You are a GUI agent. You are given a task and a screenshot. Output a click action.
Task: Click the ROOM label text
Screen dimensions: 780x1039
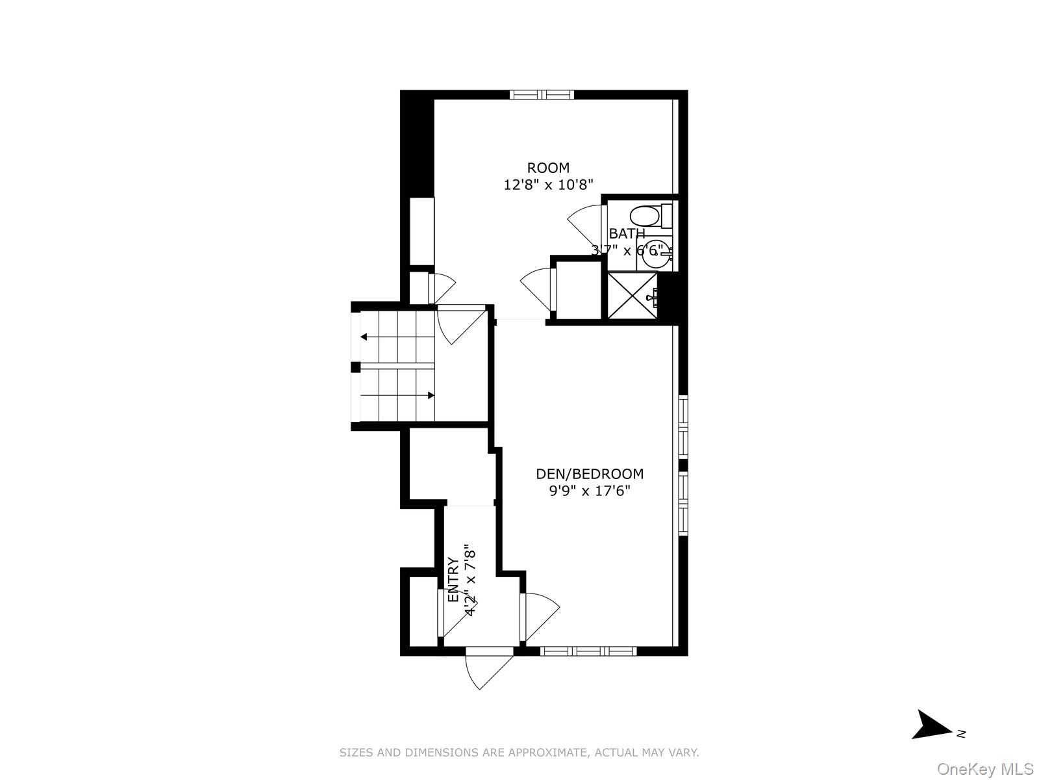[x=548, y=168]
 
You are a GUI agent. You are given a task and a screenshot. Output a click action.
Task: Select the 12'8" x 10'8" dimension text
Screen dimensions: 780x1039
[x=548, y=185]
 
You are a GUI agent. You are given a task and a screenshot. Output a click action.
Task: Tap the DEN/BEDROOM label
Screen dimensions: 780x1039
[x=590, y=474]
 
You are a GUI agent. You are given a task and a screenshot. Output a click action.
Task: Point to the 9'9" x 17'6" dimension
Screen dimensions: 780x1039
[x=590, y=491]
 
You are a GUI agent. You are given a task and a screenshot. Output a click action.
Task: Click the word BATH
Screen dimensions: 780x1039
[x=627, y=233]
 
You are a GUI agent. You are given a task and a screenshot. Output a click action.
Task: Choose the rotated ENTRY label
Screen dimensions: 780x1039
[x=453, y=580]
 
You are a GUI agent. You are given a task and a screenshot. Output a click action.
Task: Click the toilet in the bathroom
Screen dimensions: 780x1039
[x=649, y=216]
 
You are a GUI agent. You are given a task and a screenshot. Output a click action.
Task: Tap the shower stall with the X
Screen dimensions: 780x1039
[x=632, y=296]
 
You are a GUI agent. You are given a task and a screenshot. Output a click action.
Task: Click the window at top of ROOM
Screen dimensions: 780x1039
[x=542, y=95]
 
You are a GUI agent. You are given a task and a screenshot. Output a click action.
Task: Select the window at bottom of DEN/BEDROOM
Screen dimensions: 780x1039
[x=588, y=650]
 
